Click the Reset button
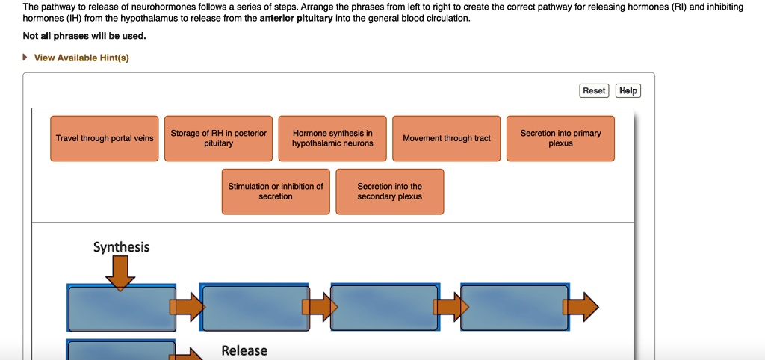click(594, 90)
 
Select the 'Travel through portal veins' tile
click(105, 138)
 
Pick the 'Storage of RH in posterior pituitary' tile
click(218, 138)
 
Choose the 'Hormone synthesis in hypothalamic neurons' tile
click(332, 138)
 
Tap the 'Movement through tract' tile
click(447, 138)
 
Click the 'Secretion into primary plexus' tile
click(560, 138)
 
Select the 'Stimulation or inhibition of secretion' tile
click(276, 192)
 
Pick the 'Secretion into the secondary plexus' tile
click(389, 192)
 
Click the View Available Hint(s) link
click(81, 58)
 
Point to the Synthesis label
click(121, 247)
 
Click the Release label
click(244, 350)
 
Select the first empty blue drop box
click(121, 308)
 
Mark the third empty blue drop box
click(384, 308)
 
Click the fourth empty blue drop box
click(515, 308)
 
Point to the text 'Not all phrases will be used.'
click(84, 36)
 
